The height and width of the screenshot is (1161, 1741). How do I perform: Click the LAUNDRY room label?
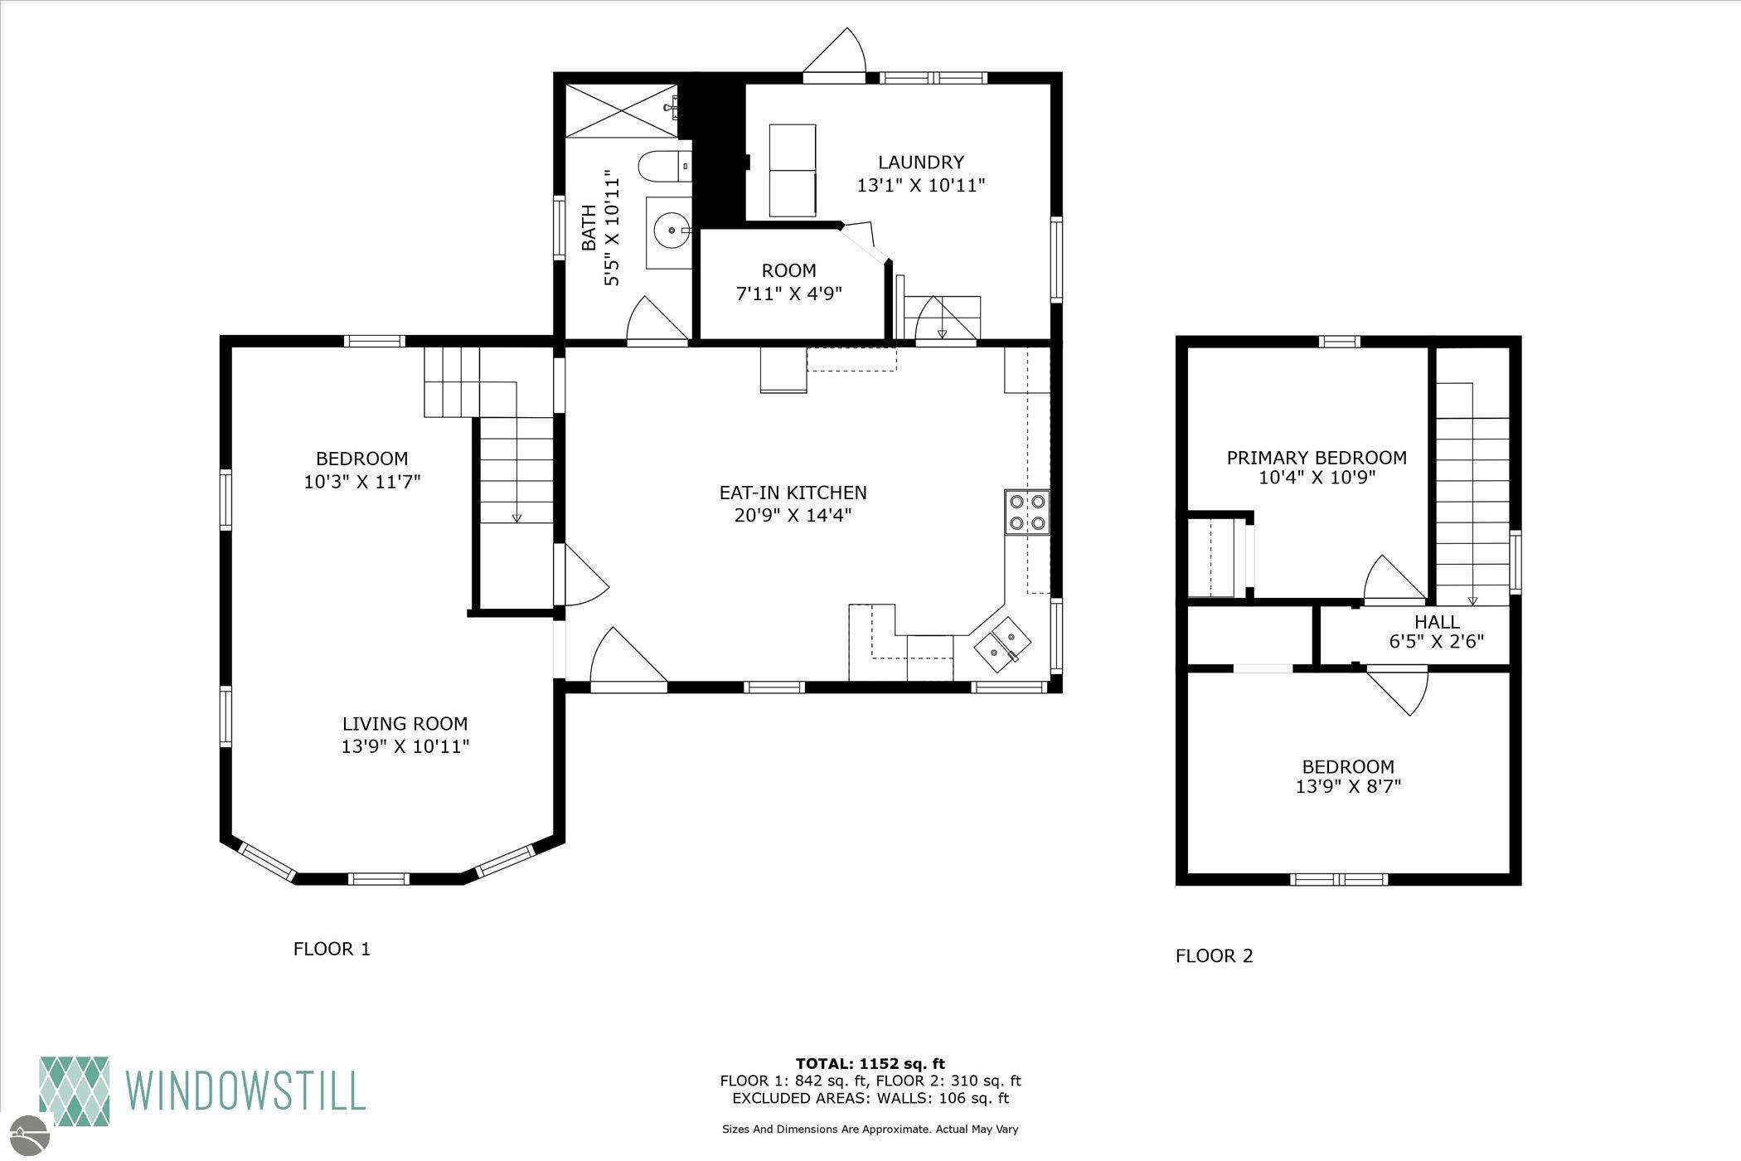[x=921, y=163]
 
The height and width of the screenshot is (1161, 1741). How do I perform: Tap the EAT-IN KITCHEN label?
[x=793, y=493]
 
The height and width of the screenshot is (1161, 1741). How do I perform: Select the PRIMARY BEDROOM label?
[x=1317, y=458]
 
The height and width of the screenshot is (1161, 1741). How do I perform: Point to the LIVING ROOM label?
[x=405, y=724]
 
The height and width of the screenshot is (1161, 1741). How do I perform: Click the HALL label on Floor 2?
[x=1437, y=622]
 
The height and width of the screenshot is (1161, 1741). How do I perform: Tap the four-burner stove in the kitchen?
[x=1027, y=512]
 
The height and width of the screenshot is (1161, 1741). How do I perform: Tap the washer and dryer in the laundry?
[x=793, y=169]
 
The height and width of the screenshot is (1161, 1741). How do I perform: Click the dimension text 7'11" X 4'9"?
[x=789, y=294]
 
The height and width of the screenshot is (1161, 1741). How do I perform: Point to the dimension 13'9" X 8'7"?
[x=1348, y=786]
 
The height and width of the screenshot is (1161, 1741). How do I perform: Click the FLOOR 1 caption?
[x=332, y=949]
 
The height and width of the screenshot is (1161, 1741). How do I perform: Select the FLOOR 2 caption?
[x=1215, y=956]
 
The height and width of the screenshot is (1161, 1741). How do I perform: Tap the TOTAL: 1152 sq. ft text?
[x=870, y=1064]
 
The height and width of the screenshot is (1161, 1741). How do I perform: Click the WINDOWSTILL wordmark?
[x=245, y=1091]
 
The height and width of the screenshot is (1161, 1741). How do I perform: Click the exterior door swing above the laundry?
[x=834, y=51]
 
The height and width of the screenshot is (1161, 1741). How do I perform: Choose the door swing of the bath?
[x=657, y=318]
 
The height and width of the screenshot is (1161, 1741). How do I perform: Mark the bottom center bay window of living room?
[x=378, y=878]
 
